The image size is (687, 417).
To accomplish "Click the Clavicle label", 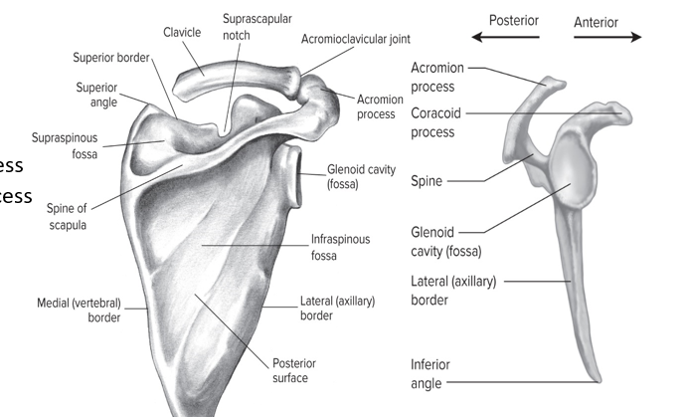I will pyautogui.click(x=182, y=32).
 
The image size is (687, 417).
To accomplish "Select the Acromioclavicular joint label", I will pyautogui.click(x=355, y=39).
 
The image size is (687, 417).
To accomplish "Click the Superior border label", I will pyautogui.click(x=109, y=57).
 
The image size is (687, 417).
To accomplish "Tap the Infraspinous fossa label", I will pyautogui.click(x=339, y=249).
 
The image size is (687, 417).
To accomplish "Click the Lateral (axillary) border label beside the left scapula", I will pyautogui.click(x=336, y=309).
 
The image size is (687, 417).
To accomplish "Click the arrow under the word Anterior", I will pyautogui.click(x=607, y=38).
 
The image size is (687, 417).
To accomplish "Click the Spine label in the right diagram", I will pyautogui.click(x=427, y=181).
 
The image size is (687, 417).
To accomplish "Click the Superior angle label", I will pyautogui.click(x=96, y=95).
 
